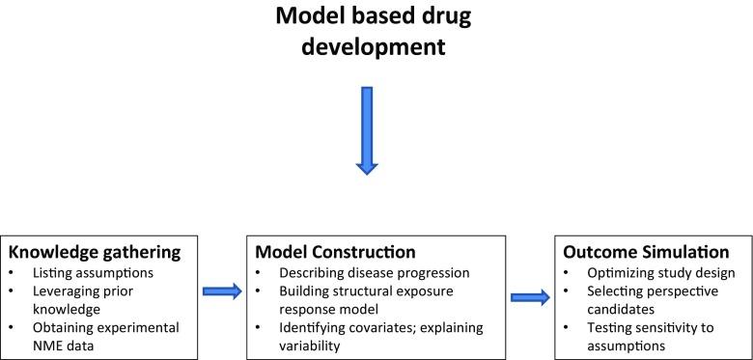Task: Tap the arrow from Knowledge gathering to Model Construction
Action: pos(224,288)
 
